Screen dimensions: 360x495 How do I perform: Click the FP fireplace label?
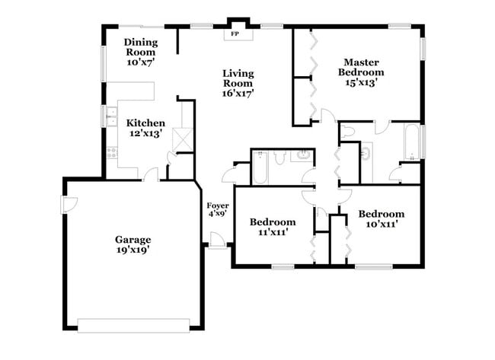click(235, 34)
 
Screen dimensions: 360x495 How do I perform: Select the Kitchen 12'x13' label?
click(145, 127)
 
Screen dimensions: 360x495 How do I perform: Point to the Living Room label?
click(238, 83)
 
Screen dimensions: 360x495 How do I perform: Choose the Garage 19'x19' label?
click(133, 244)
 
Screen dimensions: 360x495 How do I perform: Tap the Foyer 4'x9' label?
click(218, 210)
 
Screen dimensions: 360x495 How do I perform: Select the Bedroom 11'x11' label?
click(273, 227)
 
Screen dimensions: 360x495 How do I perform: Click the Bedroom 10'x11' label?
click(381, 219)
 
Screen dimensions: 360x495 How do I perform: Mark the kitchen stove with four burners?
click(111, 151)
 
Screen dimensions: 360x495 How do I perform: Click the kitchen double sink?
click(111, 116)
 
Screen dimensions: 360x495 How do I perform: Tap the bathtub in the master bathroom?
click(412, 142)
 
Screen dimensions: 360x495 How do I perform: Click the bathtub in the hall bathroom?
click(260, 167)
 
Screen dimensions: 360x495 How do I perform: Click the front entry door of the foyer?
click(218, 241)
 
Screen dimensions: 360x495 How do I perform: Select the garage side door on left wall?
click(68, 204)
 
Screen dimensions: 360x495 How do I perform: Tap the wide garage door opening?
click(133, 325)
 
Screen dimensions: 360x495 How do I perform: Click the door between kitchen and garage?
click(150, 176)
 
